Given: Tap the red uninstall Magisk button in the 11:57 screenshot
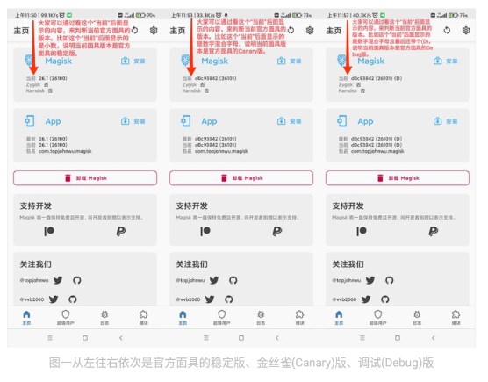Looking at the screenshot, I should click(x=398, y=177).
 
